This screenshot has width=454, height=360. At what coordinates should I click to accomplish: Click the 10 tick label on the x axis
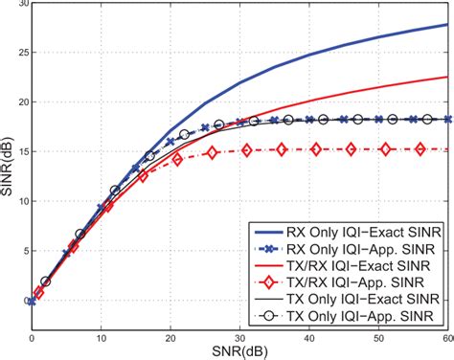[x=101, y=338]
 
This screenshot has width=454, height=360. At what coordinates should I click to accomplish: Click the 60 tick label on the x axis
[x=445, y=338]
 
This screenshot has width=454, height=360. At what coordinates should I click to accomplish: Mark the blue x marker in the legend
[x=265, y=252]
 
